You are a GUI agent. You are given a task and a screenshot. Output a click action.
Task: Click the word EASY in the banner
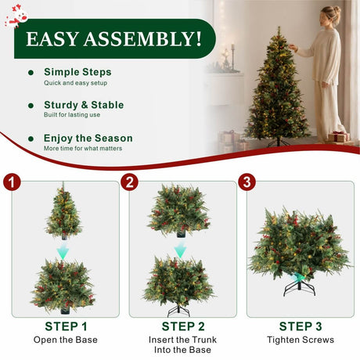(52, 39)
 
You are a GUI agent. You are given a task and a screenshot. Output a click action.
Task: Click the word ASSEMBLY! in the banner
(142, 39)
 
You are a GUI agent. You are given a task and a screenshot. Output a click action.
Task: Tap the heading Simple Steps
(77, 72)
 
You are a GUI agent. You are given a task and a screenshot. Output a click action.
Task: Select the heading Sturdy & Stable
(84, 105)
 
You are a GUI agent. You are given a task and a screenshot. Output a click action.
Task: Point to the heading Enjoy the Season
(88, 139)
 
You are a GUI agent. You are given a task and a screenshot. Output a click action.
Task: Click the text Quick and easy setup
(75, 83)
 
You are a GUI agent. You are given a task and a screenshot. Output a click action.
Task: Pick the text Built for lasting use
(72, 115)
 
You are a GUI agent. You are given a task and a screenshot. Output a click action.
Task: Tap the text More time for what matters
(83, 148)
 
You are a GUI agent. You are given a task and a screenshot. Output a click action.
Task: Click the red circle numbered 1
(12, 182)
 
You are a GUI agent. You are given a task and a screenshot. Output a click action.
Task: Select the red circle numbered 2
(130, 182)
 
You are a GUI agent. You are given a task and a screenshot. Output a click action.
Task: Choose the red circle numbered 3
(247, 182)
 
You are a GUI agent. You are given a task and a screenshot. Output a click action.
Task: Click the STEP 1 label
(66, 326)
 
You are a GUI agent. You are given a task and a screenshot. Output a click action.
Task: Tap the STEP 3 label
(301, 326)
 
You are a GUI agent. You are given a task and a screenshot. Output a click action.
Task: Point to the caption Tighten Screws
(301, 340)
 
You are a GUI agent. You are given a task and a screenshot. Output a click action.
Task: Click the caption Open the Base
(66, 340)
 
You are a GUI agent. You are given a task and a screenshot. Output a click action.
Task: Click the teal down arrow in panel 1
(63, 251)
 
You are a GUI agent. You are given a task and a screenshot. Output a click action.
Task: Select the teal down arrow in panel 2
(180, 250)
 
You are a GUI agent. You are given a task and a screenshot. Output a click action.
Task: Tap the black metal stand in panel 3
(299, 286)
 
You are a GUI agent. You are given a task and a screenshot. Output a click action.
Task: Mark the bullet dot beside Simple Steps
(31, 73)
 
